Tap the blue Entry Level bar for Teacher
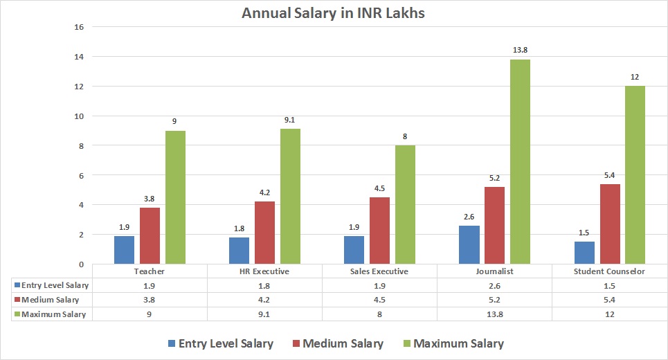point(124,250)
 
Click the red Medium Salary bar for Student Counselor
point(609,224)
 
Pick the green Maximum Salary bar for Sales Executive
point(405,205)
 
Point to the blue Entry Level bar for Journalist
point(469,245)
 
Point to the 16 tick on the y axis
point(79,27)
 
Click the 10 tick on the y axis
point(79,116)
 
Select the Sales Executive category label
point(379,271)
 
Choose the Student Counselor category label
point(609,271)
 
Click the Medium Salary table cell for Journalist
point(494,300)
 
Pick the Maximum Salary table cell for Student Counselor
point(609,314)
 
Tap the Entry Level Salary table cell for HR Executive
point(264,285)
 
